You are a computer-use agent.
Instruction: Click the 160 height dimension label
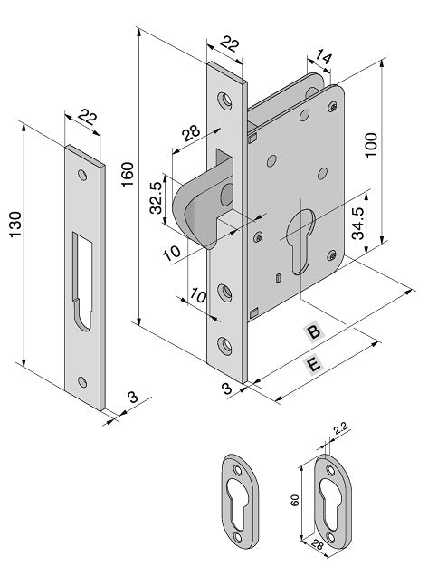(128, 175)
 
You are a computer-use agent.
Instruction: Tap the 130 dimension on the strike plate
(15, 225)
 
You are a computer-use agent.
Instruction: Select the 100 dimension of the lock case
(371, 145)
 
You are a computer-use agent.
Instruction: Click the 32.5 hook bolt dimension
(157, 197)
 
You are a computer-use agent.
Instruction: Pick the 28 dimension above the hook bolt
(190, 133)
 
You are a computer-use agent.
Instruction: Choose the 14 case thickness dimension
(323, 56)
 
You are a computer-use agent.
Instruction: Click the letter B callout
(314, 331)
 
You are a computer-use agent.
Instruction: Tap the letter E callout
(313, 364)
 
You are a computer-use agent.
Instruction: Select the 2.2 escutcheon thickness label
(340, 428)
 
